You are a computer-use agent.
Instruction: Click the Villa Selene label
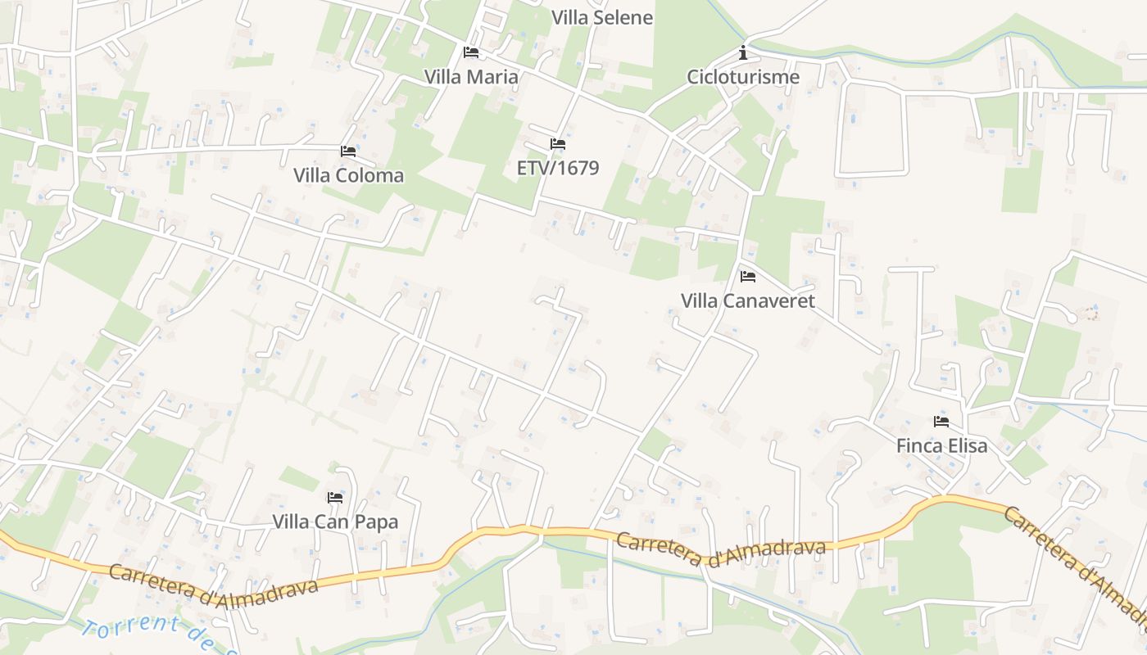(x=602, y=18)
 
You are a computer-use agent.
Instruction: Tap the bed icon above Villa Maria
(x=471, y=52)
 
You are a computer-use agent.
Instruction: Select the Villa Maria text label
(x=471, y=77)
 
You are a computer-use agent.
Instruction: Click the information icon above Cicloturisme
(x=743, y=53)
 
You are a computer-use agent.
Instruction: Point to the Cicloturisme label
(x=743, y=77)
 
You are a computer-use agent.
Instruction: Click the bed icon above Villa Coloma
(x=348, y=151)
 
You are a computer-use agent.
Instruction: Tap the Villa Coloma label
(x=348, y=175)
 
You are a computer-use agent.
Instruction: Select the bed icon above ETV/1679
(x=558, y=144)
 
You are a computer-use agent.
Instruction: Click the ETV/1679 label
(x=558, y=168)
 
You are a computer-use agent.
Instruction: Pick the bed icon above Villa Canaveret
(x=748, y=277)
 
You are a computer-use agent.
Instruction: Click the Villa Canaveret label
(x=748, y=300)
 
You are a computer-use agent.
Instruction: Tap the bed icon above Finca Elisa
(x=941, y=422)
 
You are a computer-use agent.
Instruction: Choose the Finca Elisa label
(x=941, y=446)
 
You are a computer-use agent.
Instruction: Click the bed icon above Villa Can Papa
(x=335, y=497)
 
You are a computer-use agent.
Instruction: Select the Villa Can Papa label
(x=335, y=522)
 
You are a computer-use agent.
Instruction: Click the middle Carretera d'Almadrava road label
(x=720, y=549)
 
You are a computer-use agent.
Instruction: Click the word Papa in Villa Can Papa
(x=377, y=522)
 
